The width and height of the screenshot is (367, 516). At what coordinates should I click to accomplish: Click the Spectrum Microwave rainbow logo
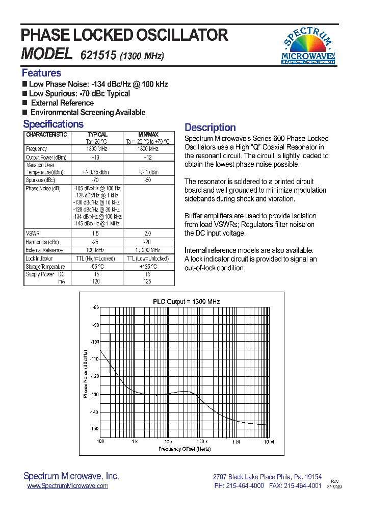(x=309, y=45)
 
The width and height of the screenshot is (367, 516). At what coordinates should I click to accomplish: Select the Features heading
(x=41, y=73)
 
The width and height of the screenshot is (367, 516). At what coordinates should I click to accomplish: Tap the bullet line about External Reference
(x=62, y=103)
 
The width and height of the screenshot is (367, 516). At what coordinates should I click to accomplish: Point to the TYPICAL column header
(x=97, y=135)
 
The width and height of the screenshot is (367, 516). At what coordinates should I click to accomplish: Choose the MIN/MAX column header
(x=148, y=135)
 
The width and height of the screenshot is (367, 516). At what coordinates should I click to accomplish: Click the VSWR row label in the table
(x=33, y=233)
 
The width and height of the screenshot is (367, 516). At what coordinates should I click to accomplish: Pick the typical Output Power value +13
(x=95, y=158)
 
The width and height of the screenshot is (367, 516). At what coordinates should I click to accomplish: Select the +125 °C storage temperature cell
(x=147, y=267)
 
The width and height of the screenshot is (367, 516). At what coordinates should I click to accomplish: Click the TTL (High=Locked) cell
(x=96, y=259)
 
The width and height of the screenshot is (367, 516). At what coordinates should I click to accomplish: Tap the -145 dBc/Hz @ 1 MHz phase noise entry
(x=96, y=224)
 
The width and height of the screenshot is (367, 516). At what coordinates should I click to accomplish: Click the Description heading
(x=210, y=127)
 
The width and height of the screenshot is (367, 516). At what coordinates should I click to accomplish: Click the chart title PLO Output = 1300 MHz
(x=186, y=301)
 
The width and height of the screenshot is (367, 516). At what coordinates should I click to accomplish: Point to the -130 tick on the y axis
(x=94, y=395)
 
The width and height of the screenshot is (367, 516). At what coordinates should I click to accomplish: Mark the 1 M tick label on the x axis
(x=236, y=442)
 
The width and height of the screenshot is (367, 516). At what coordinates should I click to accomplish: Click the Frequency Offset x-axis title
(x=185, y=449)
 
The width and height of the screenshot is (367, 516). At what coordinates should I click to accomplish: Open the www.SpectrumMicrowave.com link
(x=67, y=486)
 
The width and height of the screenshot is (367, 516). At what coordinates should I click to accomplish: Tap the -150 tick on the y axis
(x=94, y=429)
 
